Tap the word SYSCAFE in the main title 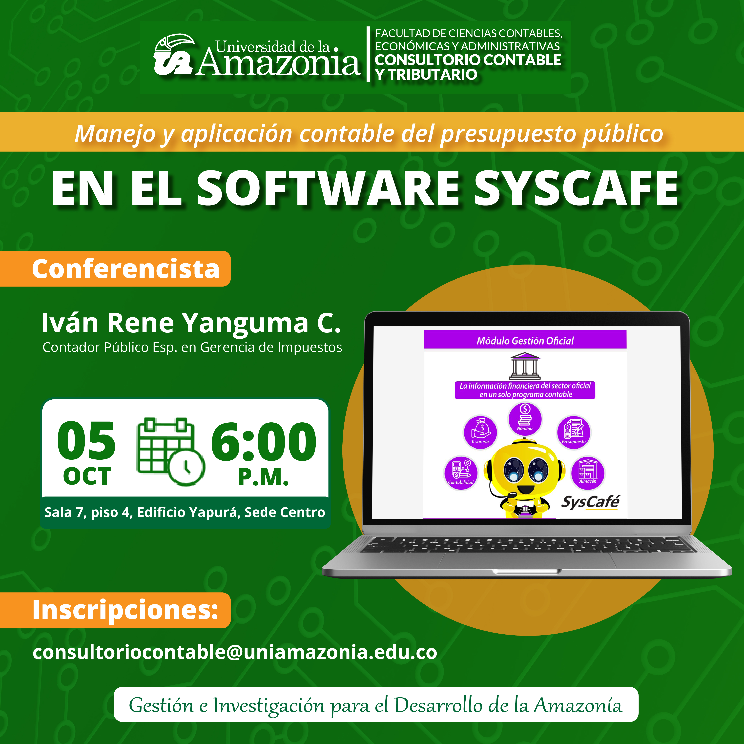tap(576, 189)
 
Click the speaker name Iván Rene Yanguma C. tap(191, 323)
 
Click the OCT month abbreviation tap(87, 477)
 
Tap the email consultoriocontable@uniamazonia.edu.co tap(235, 652)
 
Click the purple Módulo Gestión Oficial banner tap(525, 340)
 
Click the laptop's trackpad tap(527, 560)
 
